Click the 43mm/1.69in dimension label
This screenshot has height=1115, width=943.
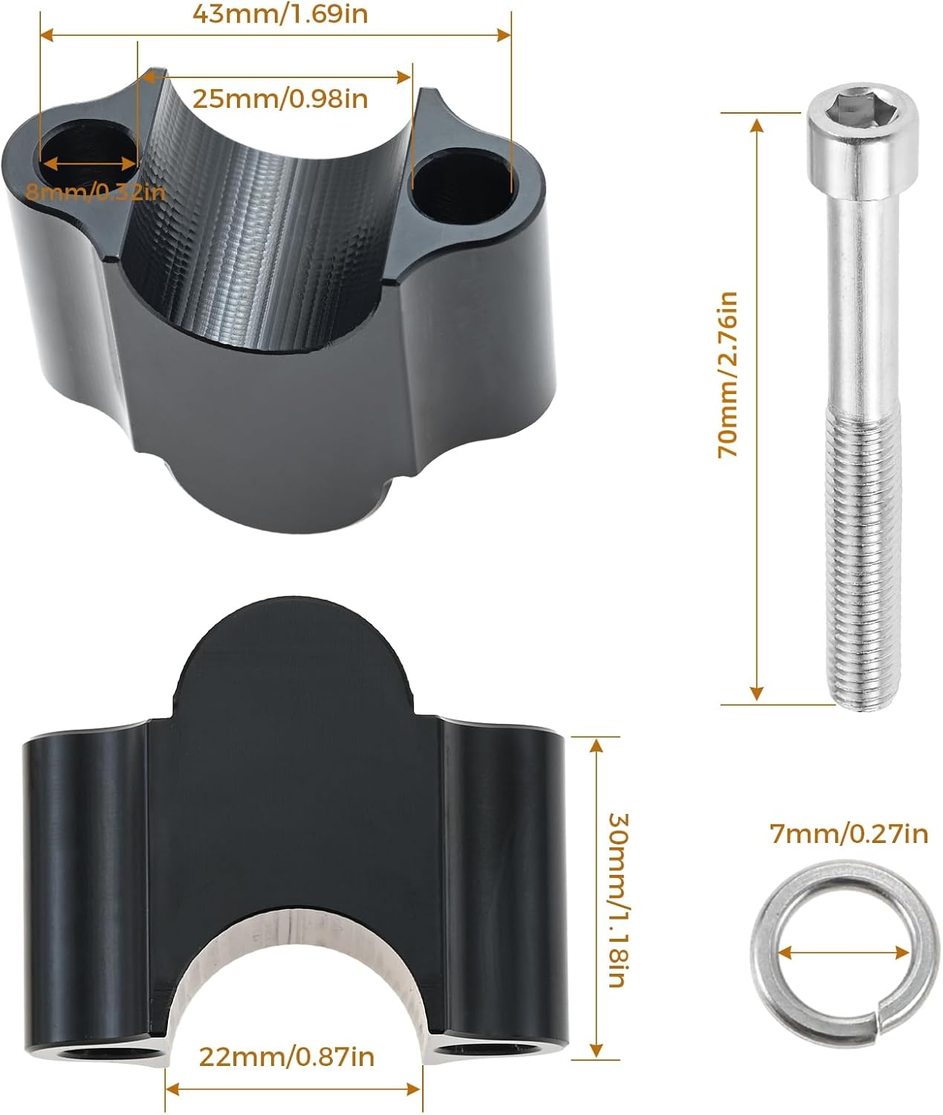click(280, 14)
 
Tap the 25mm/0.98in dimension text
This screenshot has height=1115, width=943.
click(280, 99)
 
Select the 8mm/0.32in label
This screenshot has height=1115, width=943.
click(95, 192)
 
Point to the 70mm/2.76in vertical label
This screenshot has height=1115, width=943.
click(727, 375)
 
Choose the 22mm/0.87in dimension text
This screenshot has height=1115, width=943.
click(286, 1057)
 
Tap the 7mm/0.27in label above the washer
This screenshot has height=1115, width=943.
click(849, 834)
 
